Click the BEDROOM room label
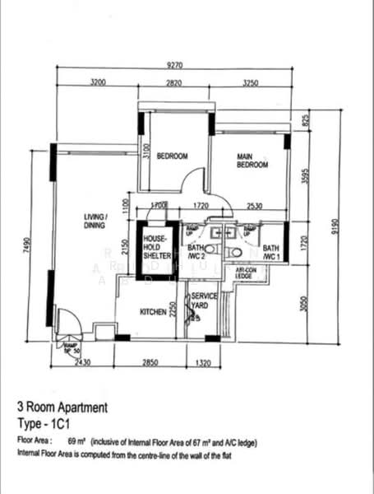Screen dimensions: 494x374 click(173, 156)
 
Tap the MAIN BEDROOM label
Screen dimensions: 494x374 click(252, 160)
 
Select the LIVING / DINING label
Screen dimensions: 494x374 click(97, 221)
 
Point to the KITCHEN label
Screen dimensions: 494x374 click(152, 314)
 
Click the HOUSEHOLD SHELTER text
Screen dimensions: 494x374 click(156, 247)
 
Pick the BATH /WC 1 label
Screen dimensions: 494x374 click(272, 252)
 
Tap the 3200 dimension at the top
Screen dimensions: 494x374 click(98, 83)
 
